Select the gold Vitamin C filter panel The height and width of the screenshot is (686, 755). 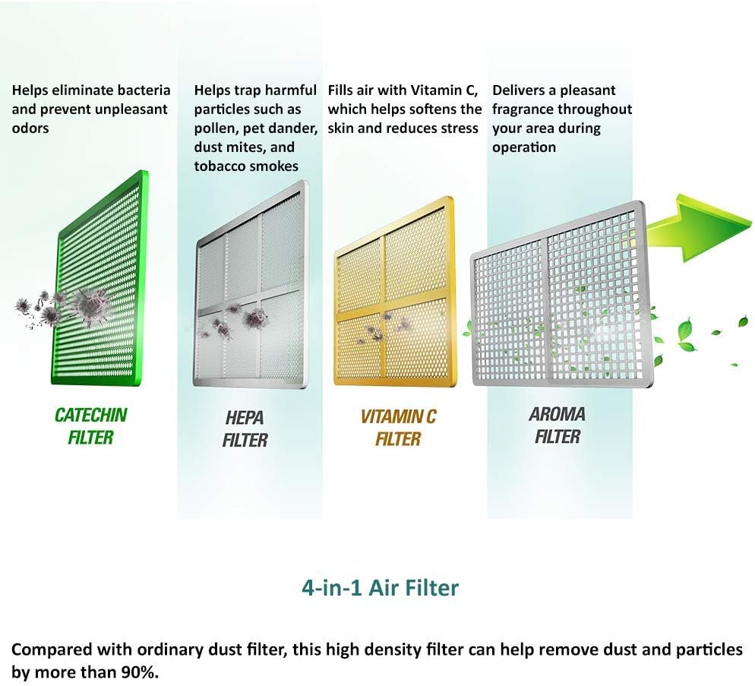point(393,292)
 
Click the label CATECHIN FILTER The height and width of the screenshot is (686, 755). point(90,425)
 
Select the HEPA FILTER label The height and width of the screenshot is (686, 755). point(245,428)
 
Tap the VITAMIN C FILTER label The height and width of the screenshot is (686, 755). point(398,427)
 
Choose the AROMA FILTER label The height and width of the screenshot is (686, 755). point(557,425)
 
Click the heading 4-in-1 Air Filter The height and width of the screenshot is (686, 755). point(380,587)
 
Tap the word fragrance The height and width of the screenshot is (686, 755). point(523,109)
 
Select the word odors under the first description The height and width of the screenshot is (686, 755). point(30,128)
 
